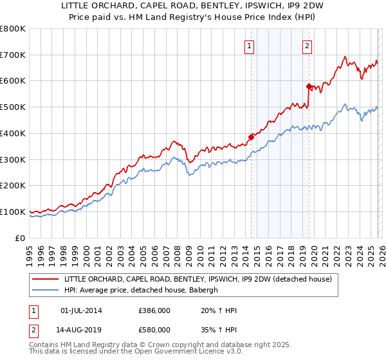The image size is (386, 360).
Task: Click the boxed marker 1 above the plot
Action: click(248, 46)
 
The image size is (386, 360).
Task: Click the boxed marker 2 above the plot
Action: click(308, 46)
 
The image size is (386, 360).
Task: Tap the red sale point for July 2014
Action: click(251, 136)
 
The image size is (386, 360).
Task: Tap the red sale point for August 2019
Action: click(309, 86)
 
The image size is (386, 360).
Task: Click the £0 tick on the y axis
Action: click(21, 238)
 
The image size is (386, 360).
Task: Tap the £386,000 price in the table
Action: click(154, 310)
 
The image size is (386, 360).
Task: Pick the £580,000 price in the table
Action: click(154, 328)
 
